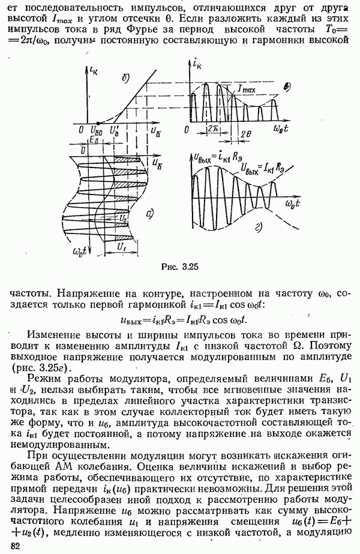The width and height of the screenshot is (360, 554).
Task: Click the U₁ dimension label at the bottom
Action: pyautogui.click(x=122, y=246)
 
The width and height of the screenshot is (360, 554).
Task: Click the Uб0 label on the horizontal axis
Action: pyautogui.click(x=95, y=130)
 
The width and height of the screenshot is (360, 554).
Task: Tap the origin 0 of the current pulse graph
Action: pyautogui.click(x=187, y=128)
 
